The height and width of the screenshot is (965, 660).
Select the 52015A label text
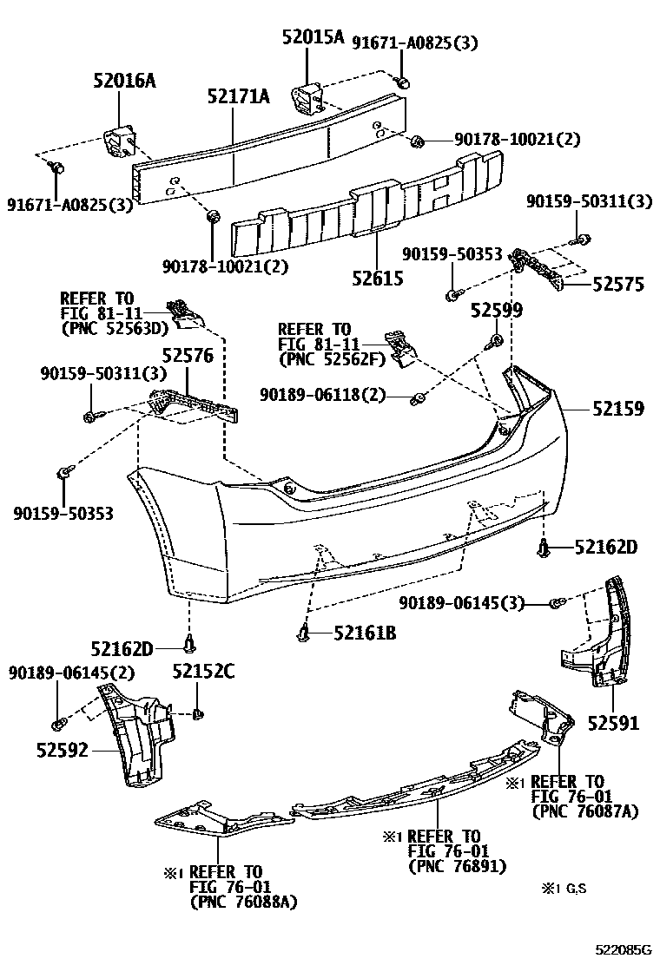[313, 37]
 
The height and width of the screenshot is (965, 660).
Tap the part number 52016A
[124, 81]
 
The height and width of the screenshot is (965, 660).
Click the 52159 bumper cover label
[618, 407]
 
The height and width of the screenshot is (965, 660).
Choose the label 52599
[497, 310]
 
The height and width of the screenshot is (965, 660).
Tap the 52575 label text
[618, 284]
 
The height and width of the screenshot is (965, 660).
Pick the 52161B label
[365, 633]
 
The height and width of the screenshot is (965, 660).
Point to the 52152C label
[202, 671]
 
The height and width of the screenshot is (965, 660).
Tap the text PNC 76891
[457, 866]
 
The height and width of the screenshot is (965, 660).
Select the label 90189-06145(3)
[462, 602]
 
